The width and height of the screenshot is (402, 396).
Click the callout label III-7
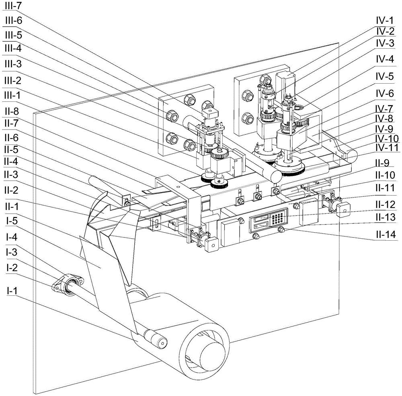(x=13, y=6)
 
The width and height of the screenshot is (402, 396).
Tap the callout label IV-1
(x=385, y=20)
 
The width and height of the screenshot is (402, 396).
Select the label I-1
(x=12, y=291)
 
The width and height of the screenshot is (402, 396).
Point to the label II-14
(x=386, y=234)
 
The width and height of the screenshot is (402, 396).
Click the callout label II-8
(x=12, y=111)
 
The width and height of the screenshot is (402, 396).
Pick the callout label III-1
(x=12, y=95)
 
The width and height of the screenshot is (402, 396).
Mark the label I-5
(x=12, y=221)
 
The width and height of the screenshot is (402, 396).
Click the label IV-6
(x=385, y=93)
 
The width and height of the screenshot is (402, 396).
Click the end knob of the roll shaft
(x=162, y=342)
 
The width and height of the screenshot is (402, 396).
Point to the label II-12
(x=386, y=204)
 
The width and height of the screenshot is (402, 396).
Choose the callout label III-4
(x=13, y=48)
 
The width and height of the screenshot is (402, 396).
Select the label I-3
(x=12, y=252)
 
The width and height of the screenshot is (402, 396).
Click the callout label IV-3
(x=385, y=43)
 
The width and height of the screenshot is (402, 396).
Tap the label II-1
(x=11, y=206)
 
